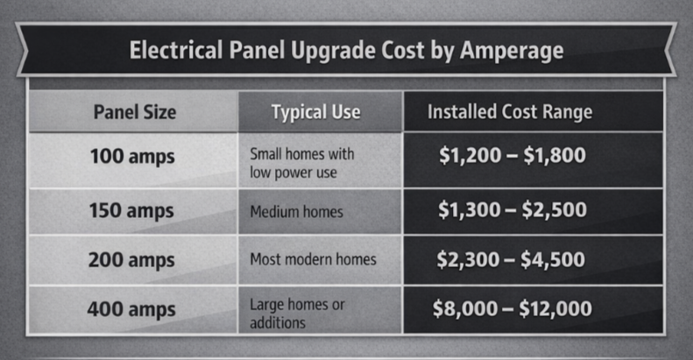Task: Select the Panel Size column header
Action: [x=135, y=112]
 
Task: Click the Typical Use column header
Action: [x=315, y=112]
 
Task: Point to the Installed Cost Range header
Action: [x=510, y=112]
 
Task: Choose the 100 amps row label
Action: [x=132, y=158]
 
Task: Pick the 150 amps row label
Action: [x=132, y=211]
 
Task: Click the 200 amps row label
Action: [x=132, y=260]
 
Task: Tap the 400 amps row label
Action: [x=132, y=309]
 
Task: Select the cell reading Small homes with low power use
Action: [x=302, y=163]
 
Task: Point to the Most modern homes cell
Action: [x=313, y=260]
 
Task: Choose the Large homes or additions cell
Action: [x=297, y=314]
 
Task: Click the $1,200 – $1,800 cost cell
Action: [x=512, y=158]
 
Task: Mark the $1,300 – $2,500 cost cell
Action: [x=512, y=210]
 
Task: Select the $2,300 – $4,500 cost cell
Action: [x=512, y=259]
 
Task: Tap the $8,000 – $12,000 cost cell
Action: [x=512, y=308]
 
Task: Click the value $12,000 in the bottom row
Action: [x=555, y=308]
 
